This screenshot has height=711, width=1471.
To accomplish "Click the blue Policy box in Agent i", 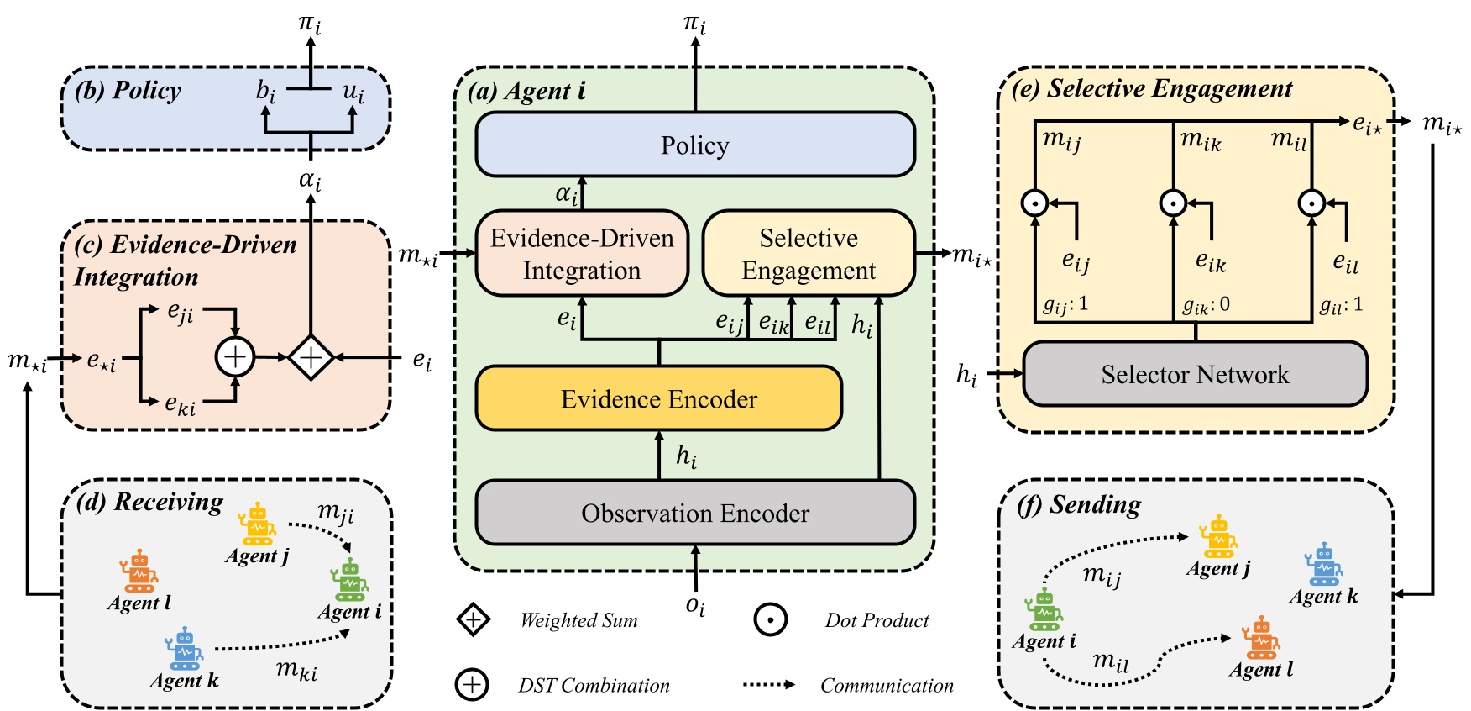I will click(694, 145).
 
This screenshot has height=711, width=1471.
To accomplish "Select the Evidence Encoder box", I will click(658, 398).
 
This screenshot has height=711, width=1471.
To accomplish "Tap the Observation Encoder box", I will click(694, 513).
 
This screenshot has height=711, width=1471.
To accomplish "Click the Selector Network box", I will click(1195, 374).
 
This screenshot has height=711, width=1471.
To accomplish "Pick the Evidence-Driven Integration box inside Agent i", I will click(582, 254).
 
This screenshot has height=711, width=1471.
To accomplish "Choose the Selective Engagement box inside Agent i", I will click(808, 254).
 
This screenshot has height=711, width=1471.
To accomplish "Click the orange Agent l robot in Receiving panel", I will click(139, 571).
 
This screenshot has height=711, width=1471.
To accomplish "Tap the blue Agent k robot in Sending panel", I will click(1323, 565).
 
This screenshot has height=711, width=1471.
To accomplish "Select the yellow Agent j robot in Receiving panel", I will click(257, 524).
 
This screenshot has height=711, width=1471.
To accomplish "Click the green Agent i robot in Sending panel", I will click(1044, 611).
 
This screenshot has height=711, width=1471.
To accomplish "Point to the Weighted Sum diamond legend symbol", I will click(473, 620).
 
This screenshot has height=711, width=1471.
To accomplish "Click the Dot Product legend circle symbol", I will click(770, 620).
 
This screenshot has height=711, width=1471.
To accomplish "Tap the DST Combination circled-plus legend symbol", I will click(472, 684).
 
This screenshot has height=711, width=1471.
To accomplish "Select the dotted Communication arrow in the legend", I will click(768, 684).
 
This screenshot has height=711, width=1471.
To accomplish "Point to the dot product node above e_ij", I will click(1034, 203).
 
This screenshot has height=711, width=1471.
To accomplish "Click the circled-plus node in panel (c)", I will click(235, 357).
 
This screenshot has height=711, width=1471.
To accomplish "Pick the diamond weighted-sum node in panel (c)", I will click(311, 357).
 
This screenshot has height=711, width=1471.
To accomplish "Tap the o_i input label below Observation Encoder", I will click(695, 605).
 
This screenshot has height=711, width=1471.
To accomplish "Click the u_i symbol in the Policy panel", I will click(353, 92).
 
